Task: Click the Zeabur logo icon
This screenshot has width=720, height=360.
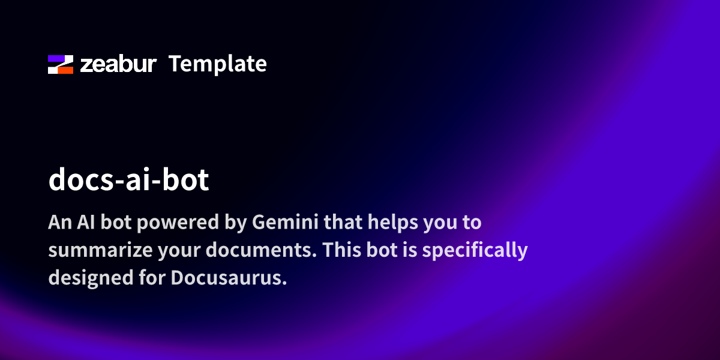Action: pyautogui.click(x=61, y=64)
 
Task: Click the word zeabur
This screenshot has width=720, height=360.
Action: pyautogui.click(x=118, y=64)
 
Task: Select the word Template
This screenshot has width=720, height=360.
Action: pyautogui.click(x=218, y=64)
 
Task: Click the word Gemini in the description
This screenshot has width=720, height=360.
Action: pyautogui.click(x=285, y=222)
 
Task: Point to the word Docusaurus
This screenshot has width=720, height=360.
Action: pyautogui.click(x=229, y=277)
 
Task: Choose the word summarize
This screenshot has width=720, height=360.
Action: pyautogui.click(x=100, y=250)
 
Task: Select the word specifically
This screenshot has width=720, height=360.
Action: pyautogui.click(x=475, y=250)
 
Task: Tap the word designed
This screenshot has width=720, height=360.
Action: pyautogui.click(x=91, y=278)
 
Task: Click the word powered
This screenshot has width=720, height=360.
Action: pyautogui.click(x=178, y=223)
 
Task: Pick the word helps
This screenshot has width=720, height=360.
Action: pyautogui.click(x=393, y=223)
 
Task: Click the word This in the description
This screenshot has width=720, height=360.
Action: pyautogui.click(x=341, y=250)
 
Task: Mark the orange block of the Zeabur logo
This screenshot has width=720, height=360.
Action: pyautogui.click(x=65, y=70)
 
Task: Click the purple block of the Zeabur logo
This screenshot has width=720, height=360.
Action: pyautogui.click(x=56, y=59)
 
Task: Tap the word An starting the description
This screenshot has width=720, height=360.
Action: pyautogui.click(x=60, y=222)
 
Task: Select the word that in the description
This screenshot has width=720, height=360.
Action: pyautogui.click(x=343, y=222)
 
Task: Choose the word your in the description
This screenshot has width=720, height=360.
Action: pyautogui.click(x=179, y=251)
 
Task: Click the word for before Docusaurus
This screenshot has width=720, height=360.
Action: pyautogui.click(x=152, y=277)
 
